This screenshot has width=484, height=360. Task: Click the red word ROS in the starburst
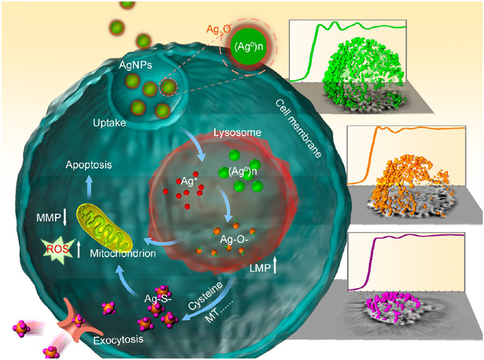(58, 249)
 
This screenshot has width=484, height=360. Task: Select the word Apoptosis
(89, 165)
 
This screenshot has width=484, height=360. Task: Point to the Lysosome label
(238, 133)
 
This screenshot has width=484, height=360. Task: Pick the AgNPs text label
(136, 65)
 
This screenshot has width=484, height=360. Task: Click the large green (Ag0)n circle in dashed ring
(249, 46)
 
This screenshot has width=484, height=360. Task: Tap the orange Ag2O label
(218, 29)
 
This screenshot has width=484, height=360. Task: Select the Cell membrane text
(298, 129)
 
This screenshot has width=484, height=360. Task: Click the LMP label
(260, 268)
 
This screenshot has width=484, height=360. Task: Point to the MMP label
(48, 218)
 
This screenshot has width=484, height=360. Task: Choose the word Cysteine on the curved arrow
(205, 296)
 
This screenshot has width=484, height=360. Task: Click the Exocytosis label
(118, 340)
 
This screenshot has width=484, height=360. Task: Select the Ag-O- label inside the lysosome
(234, 239)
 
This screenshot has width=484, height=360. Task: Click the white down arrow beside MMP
(65, 217)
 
